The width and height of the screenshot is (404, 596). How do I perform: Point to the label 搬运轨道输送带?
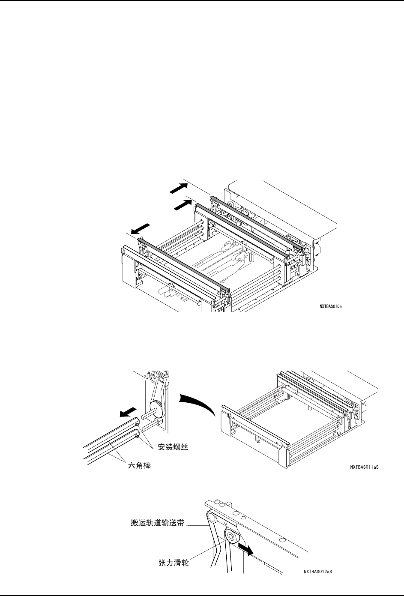click(157, 523)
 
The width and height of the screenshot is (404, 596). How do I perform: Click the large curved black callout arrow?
click(198, 404)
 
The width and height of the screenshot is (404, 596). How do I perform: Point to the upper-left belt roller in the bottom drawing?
click(212, 518)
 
